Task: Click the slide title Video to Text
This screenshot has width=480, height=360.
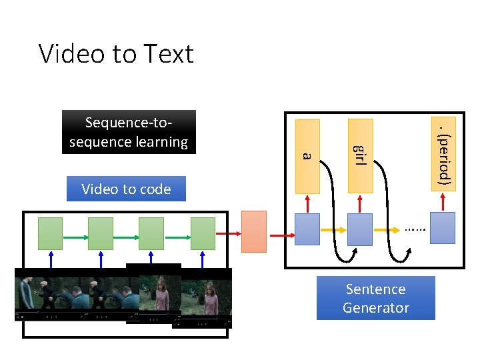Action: pos(116,53)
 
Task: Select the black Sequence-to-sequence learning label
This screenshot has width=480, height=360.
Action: pos(129,132)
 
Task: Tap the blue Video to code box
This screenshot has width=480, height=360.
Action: pos(126,189)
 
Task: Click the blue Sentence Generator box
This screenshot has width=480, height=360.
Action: pos(375,298)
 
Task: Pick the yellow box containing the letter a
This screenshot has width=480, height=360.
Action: pos(307,155)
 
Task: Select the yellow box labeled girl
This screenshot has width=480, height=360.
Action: pos(359,155)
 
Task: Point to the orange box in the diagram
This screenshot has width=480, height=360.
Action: pos(253,231)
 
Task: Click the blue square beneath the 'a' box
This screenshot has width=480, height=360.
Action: pos(307,229)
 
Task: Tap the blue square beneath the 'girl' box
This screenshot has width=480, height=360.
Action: pos(359,229)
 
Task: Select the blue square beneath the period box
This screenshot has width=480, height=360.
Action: pos(443,228)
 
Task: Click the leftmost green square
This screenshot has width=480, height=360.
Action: pos(50,233)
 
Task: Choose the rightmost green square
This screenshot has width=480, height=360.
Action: pos(203,233)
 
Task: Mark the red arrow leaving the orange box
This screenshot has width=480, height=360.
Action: pos(281,235)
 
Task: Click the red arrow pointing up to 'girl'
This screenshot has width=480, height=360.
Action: pos(359,203)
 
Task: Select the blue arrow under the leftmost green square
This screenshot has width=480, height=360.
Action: pos(50,259)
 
